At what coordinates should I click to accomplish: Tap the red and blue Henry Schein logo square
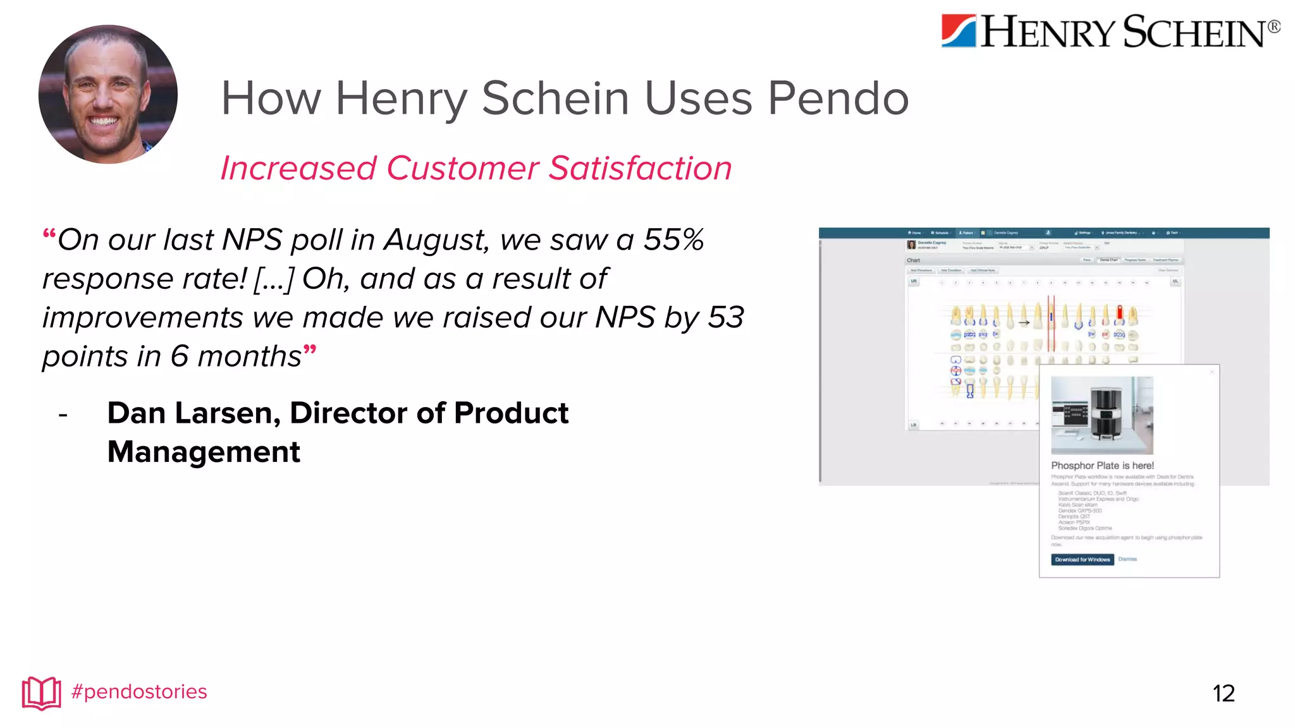click(959, 31)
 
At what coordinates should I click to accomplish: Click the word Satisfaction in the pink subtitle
click(640, 169)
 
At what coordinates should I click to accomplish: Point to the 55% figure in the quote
click(673, 240)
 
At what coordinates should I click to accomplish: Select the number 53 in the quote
click(725, 317)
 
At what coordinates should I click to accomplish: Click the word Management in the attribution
click(204, 452)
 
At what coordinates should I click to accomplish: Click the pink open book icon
click(42, 693)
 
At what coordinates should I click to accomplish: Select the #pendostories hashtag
click(139, 692)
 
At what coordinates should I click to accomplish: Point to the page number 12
click(1224, 694)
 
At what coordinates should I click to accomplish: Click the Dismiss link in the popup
click(1127, 559)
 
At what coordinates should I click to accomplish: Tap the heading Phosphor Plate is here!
click(1102, 466)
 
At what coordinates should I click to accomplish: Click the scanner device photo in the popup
click(1102, 415)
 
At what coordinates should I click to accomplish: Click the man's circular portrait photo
click(108, 94)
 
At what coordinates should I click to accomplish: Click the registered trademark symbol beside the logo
click(1274, 27)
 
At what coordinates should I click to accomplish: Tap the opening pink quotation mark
click(49, 236)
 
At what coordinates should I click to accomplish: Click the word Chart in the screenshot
click(913, 260)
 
